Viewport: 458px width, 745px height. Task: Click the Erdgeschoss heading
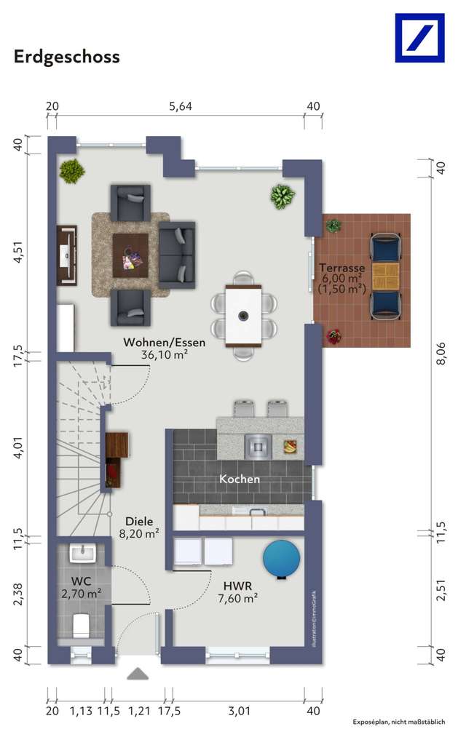tap(66, 57)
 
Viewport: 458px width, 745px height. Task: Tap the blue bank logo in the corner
tap(419, 38)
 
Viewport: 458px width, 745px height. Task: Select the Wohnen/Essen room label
tap(164, 342)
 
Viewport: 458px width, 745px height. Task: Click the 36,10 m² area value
tap(164, 356)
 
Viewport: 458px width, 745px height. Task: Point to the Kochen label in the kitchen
tap(240, 479)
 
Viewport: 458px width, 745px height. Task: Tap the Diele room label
tap(139, 521)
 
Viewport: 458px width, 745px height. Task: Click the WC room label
tap(81, 581)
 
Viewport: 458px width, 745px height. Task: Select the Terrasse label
tap(341, 266)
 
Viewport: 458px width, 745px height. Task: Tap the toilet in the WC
tap(81, 624)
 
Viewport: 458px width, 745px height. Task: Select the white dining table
tap(243, 316)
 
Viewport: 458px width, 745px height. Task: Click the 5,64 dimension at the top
tap(181, 106)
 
